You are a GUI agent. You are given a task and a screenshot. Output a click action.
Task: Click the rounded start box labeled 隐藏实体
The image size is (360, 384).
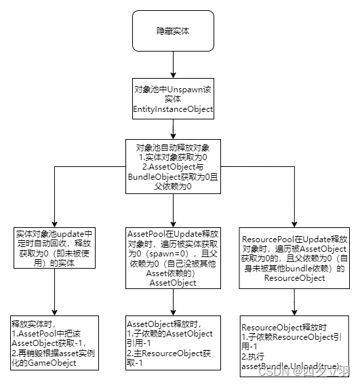click(x=174, y=32)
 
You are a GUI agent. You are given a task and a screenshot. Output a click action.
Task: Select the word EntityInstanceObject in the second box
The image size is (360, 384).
click(x=174, y=109)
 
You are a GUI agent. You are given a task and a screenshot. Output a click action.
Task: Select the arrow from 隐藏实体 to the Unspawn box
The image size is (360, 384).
click(x=174, y=65)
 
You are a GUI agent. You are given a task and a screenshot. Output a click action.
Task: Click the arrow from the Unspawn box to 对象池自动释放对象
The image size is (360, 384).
click(x=174, y=129)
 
